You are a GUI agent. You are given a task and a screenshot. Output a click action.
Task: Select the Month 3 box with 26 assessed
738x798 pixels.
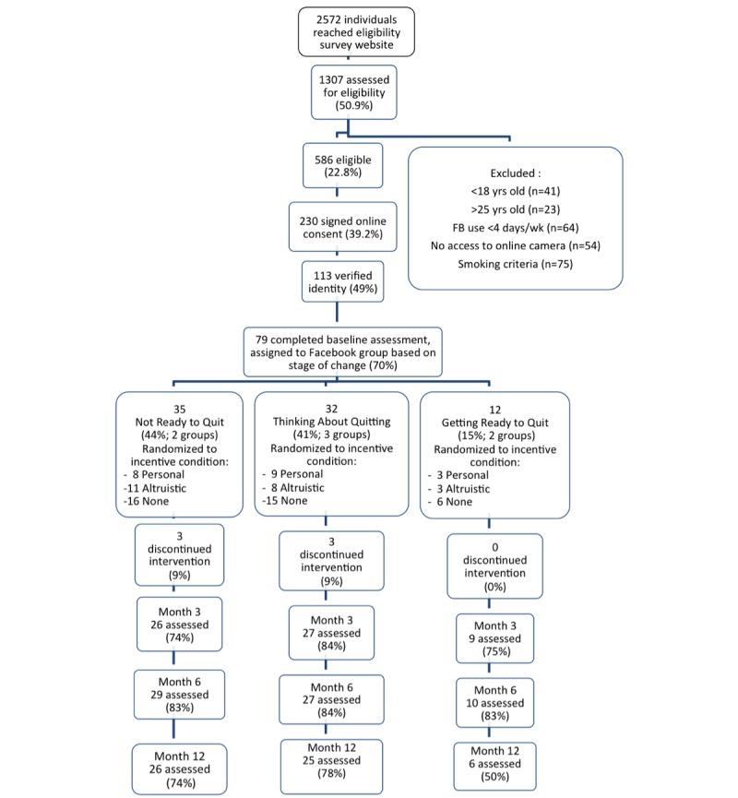[x=183, y=623]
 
